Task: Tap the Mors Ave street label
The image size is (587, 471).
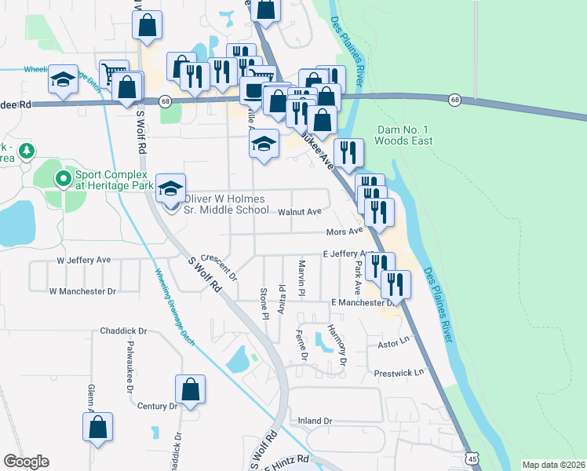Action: tap(344, 232)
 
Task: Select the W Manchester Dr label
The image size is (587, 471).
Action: tap(82, 291)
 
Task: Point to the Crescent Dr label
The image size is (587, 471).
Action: tap(219, 267)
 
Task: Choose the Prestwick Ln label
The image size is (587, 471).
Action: tap(399, 372)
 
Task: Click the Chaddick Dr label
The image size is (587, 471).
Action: tap(124, 331)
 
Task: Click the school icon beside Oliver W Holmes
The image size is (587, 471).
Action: tap(170, 189)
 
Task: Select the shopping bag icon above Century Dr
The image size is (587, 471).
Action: tap(191, 389)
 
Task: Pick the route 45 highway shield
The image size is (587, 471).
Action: tap(471, 458)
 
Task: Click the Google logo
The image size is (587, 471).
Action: tap(26, 462)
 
